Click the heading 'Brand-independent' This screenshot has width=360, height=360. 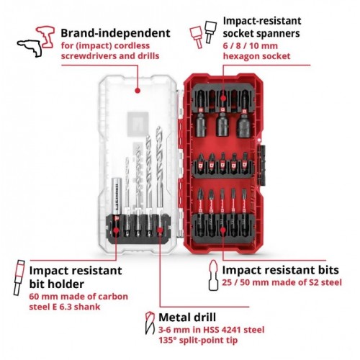115,33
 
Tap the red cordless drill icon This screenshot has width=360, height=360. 46,37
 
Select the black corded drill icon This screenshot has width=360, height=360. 30,48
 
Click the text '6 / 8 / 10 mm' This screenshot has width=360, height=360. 250,46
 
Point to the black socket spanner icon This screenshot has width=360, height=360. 210,32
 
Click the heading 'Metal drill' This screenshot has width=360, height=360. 187,318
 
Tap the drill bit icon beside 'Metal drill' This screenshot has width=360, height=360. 150,323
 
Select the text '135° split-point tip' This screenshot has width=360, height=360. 198,341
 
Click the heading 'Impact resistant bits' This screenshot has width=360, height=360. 280,270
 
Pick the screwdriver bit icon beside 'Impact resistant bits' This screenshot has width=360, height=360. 213,275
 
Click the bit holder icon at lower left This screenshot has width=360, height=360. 19,277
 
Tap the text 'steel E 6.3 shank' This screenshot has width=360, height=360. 65,307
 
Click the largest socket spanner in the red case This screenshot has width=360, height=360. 244,125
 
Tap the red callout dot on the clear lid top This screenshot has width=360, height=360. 138,91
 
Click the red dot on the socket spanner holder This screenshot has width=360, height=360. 223,98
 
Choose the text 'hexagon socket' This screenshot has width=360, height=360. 256,56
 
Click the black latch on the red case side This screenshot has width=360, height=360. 261,165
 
